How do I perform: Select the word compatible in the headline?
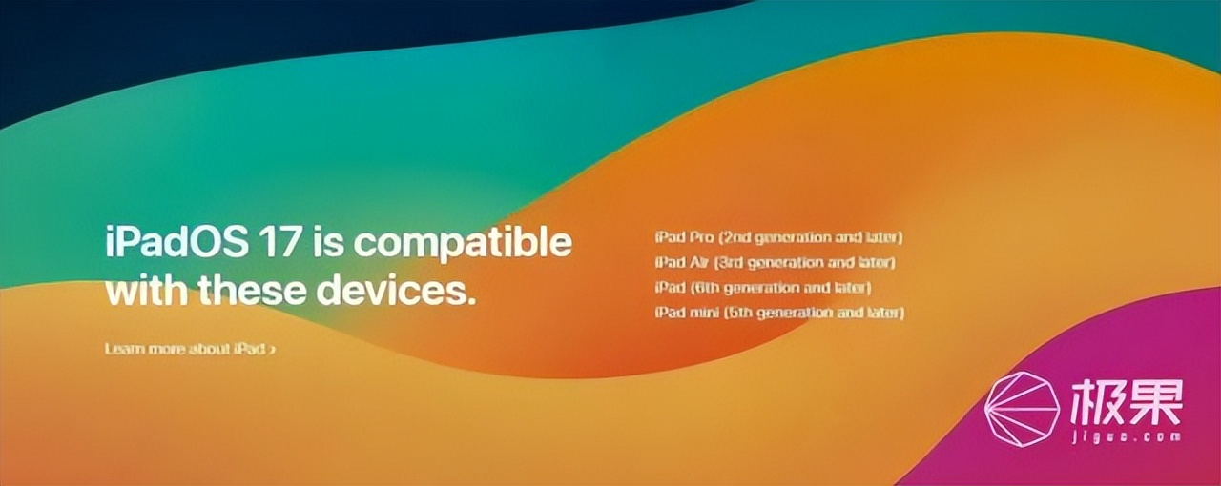463,244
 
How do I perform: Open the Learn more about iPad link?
190,349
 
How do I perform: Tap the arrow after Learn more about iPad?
272,349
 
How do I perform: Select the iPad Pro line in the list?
779,238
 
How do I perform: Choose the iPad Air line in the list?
776,263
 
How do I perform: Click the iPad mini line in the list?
779,314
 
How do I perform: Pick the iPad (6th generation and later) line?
763,288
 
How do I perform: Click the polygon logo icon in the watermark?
1022,410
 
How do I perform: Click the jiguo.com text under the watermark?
1127,436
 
